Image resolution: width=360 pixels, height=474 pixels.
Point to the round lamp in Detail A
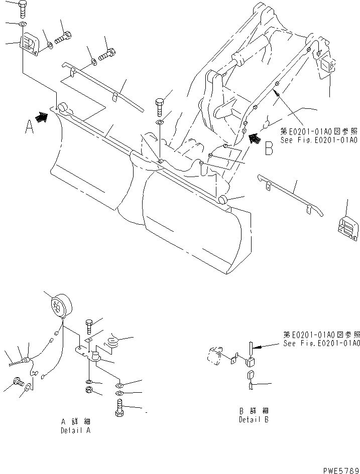click(61, 305)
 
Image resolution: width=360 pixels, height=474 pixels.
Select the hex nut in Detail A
click(87, 390)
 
